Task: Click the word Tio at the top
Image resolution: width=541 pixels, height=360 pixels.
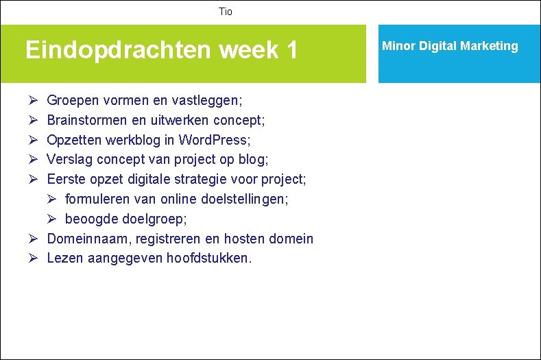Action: point(226,12)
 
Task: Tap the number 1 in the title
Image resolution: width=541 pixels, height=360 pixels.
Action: point(292,50)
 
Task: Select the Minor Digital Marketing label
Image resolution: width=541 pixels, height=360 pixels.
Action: point(450,46)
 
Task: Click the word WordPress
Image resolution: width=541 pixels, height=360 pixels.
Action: point(214,140)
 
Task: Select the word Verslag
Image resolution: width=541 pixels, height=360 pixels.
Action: point(69,160)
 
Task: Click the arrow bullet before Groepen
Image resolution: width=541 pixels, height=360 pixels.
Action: point(32,101)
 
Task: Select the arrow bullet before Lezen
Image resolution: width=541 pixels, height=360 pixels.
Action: point(32,259)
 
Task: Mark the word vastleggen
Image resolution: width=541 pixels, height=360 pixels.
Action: point(206,101)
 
